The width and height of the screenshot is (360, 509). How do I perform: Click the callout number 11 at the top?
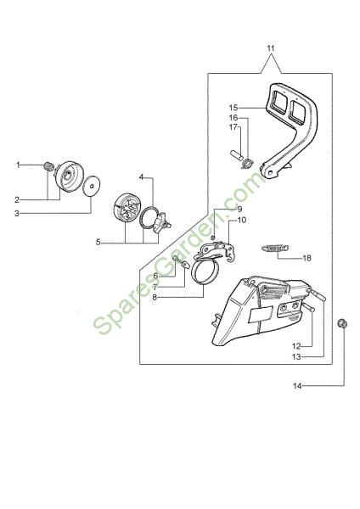271,48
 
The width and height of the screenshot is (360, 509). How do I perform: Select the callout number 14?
297,386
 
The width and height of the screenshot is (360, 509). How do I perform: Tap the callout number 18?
307,258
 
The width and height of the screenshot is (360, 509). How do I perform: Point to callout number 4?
141,177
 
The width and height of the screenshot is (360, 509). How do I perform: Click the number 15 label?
233,108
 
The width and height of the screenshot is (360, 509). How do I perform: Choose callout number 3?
17,213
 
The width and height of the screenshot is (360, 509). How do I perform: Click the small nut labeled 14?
342,323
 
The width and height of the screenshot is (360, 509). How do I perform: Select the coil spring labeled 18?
275,249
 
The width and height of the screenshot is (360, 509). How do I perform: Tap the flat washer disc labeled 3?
92,186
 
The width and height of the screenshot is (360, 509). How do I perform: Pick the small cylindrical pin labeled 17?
237,154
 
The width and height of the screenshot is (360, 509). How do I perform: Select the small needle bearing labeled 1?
48,166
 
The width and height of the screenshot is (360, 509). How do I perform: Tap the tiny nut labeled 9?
213,237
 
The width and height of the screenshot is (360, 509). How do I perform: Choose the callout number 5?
98,242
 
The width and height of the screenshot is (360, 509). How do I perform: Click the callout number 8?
155,297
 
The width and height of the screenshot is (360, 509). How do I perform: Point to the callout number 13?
296,357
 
